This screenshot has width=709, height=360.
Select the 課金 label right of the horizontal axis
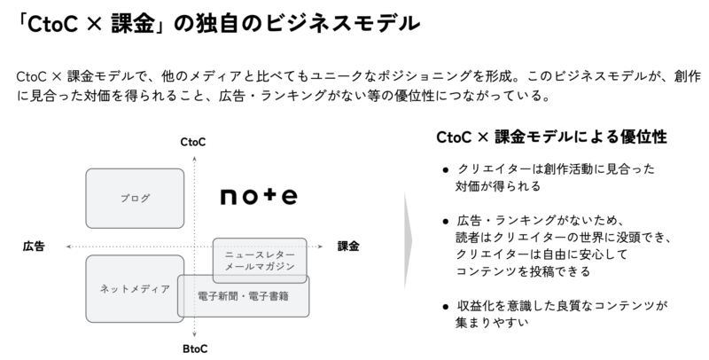point(349,245)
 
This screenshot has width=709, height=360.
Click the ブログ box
point(135,198)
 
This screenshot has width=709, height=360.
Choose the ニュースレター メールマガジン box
point(260,257)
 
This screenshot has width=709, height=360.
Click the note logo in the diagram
point(258,195)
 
